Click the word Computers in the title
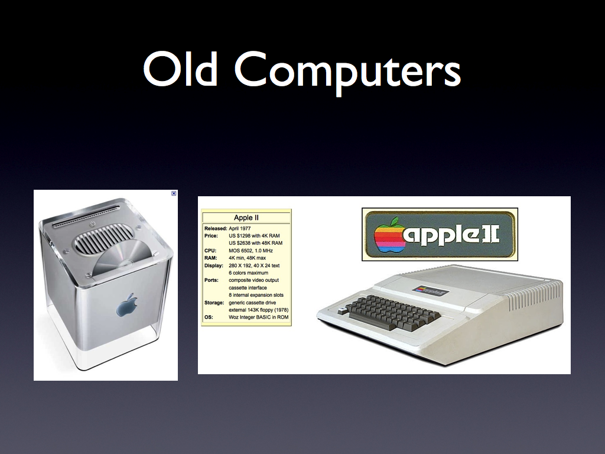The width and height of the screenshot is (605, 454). point(347,72)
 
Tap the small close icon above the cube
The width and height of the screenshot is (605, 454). point(174,193)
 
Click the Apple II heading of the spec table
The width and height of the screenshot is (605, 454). point(246,218)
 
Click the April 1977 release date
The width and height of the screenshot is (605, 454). point(240,228)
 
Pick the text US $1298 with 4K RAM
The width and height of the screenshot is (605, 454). point(254,235)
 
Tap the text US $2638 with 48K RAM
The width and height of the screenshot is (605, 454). point(255,243)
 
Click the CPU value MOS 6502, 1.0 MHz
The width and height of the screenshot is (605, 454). point(251,251)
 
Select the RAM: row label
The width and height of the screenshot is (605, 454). point(211,258)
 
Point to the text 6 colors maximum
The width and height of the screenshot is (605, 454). point(249,273)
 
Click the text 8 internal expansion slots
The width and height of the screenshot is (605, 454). point(256,295)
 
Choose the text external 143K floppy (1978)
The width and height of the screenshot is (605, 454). point(259,310)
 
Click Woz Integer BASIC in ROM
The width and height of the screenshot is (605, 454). point(259,317)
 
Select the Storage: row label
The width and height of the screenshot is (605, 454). point(214,303)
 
